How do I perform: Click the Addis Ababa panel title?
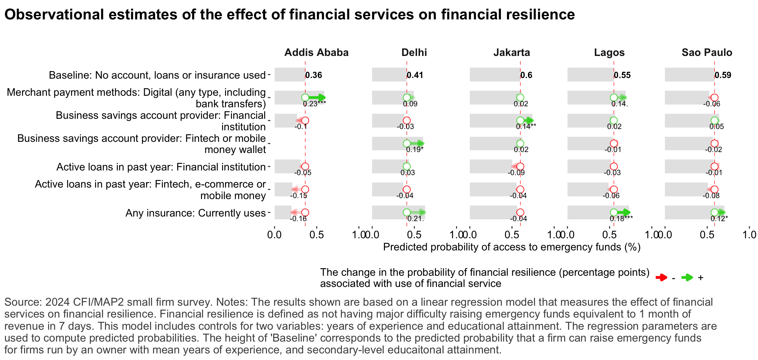[316, 53]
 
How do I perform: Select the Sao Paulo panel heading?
[707, 53]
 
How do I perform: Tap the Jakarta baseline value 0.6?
[526, 75]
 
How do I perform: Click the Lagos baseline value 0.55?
[622, 75]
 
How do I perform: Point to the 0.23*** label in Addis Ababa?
[314, 104]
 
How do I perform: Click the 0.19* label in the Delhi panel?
[415, 149]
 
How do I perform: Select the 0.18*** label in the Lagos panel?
[621, 219]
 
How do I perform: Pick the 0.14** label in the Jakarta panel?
[526, 127]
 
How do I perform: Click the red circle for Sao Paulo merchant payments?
[714, 97]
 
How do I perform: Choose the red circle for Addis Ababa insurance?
[305, 212]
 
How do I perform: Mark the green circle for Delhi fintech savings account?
[407, 143]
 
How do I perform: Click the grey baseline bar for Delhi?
[389, 75]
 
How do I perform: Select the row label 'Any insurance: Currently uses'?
[195, 213]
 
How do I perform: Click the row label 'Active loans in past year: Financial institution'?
[161, 167]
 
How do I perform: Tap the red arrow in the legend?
[661, 277]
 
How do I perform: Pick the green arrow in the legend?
[687, 277]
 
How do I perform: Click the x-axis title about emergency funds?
[512, 247]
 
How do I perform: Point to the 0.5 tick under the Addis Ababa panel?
[316, 235]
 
